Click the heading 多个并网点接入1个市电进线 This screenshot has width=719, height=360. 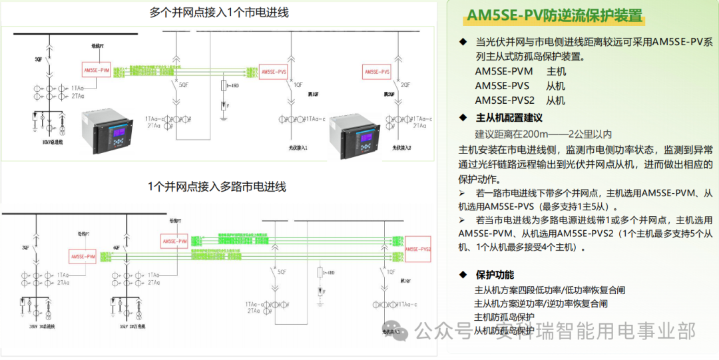coord(219,13)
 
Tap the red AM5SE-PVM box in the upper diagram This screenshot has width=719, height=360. coord(97,71)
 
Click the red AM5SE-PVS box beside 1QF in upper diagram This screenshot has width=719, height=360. coord(274,71)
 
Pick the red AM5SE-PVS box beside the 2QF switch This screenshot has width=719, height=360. coord(376,71)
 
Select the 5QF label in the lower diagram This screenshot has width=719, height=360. coord(282,271)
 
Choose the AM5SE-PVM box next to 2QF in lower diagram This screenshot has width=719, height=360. coord(83,256)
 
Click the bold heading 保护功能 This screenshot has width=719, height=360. coord(495,274)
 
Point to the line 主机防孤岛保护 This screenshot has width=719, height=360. coord(504,317)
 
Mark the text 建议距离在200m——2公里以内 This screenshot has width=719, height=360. coord(543,134)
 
